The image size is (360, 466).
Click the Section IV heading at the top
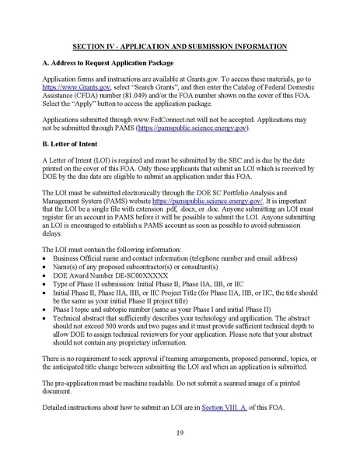180,47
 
